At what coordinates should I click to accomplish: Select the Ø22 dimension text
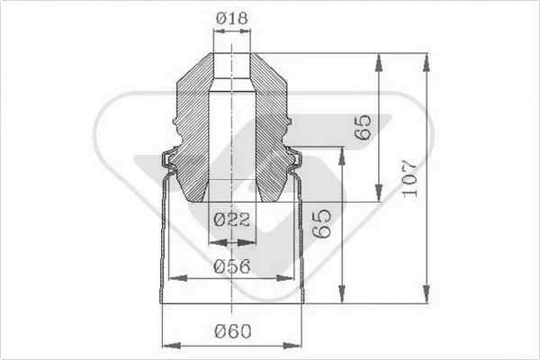pyautogui.click(x=231, y=219)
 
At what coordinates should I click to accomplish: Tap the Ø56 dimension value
pyautogui.click(x=232, y=265)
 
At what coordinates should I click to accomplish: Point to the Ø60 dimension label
pyautogui.click(x=232, y=331)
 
